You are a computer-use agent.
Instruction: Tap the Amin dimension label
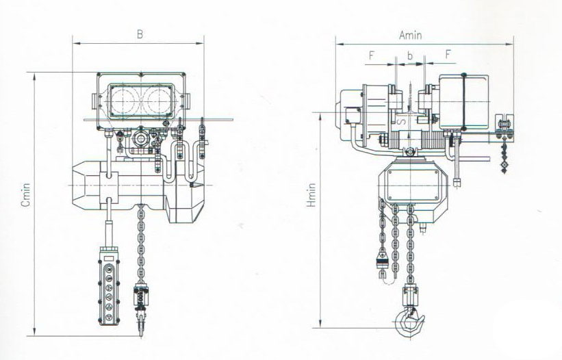tap(409, 34)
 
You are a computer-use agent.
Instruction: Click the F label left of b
tap(370, 53)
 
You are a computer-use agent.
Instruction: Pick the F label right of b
tap(448, 53)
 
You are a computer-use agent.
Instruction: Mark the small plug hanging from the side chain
tap(382, 262)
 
